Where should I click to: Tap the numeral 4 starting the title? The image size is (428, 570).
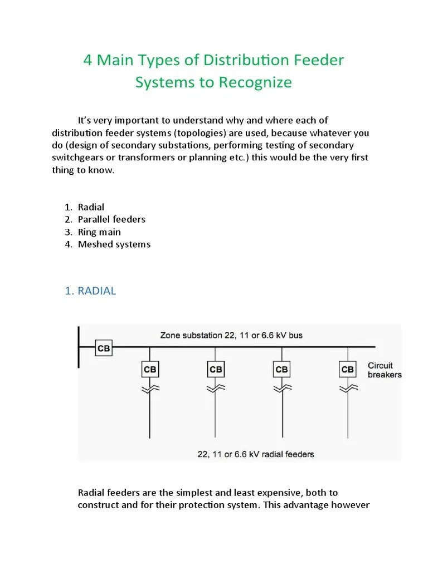coord(87,60)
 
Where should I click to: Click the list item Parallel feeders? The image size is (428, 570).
coord(111,219)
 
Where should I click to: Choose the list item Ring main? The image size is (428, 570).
coord(99,232)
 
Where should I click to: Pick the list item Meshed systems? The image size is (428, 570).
coord(114,244)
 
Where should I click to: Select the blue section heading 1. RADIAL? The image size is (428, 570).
coord(90,291)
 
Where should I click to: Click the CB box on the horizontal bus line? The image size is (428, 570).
coord(104,348)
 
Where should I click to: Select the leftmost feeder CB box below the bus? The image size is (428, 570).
coord(149,369)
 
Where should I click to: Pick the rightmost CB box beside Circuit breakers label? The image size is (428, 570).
coord(347,369)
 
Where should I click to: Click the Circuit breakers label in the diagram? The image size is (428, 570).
coord(384,370)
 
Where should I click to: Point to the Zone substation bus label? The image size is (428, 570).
coord(231,336)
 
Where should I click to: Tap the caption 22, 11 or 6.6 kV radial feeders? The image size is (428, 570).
coord(255,454)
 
